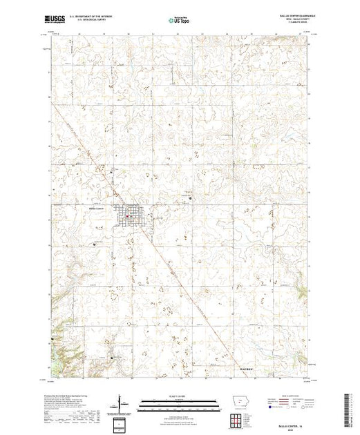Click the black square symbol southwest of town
pyautogui.click(x=95, y=244)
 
